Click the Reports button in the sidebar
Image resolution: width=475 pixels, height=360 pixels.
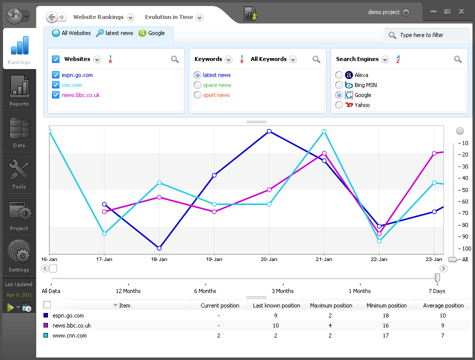pos(19,90)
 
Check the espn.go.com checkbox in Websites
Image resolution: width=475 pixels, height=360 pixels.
pos(56,75)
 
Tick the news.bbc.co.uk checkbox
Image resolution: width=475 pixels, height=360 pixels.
pos(56,95)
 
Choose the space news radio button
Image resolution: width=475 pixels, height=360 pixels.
pos(197,85)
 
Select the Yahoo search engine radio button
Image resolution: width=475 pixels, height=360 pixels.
pos(339,105)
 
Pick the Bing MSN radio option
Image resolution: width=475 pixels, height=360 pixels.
pos(339,85)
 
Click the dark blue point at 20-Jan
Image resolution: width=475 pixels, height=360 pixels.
pos(269,131)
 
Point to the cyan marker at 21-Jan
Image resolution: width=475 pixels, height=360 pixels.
pos(324,131)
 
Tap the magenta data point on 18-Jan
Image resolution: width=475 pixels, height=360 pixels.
pos(159,197)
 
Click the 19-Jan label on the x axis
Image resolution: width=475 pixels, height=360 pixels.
pos(214,259)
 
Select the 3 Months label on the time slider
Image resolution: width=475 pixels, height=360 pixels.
pos(282,291)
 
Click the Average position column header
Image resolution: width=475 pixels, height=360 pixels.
pos(443,305)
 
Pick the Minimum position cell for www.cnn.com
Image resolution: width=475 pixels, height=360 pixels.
pos(385,335)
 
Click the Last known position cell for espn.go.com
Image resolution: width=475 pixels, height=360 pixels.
pos(276,315)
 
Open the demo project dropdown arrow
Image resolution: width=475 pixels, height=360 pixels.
pos(405,12)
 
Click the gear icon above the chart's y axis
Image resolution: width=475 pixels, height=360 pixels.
pos(460,131)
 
